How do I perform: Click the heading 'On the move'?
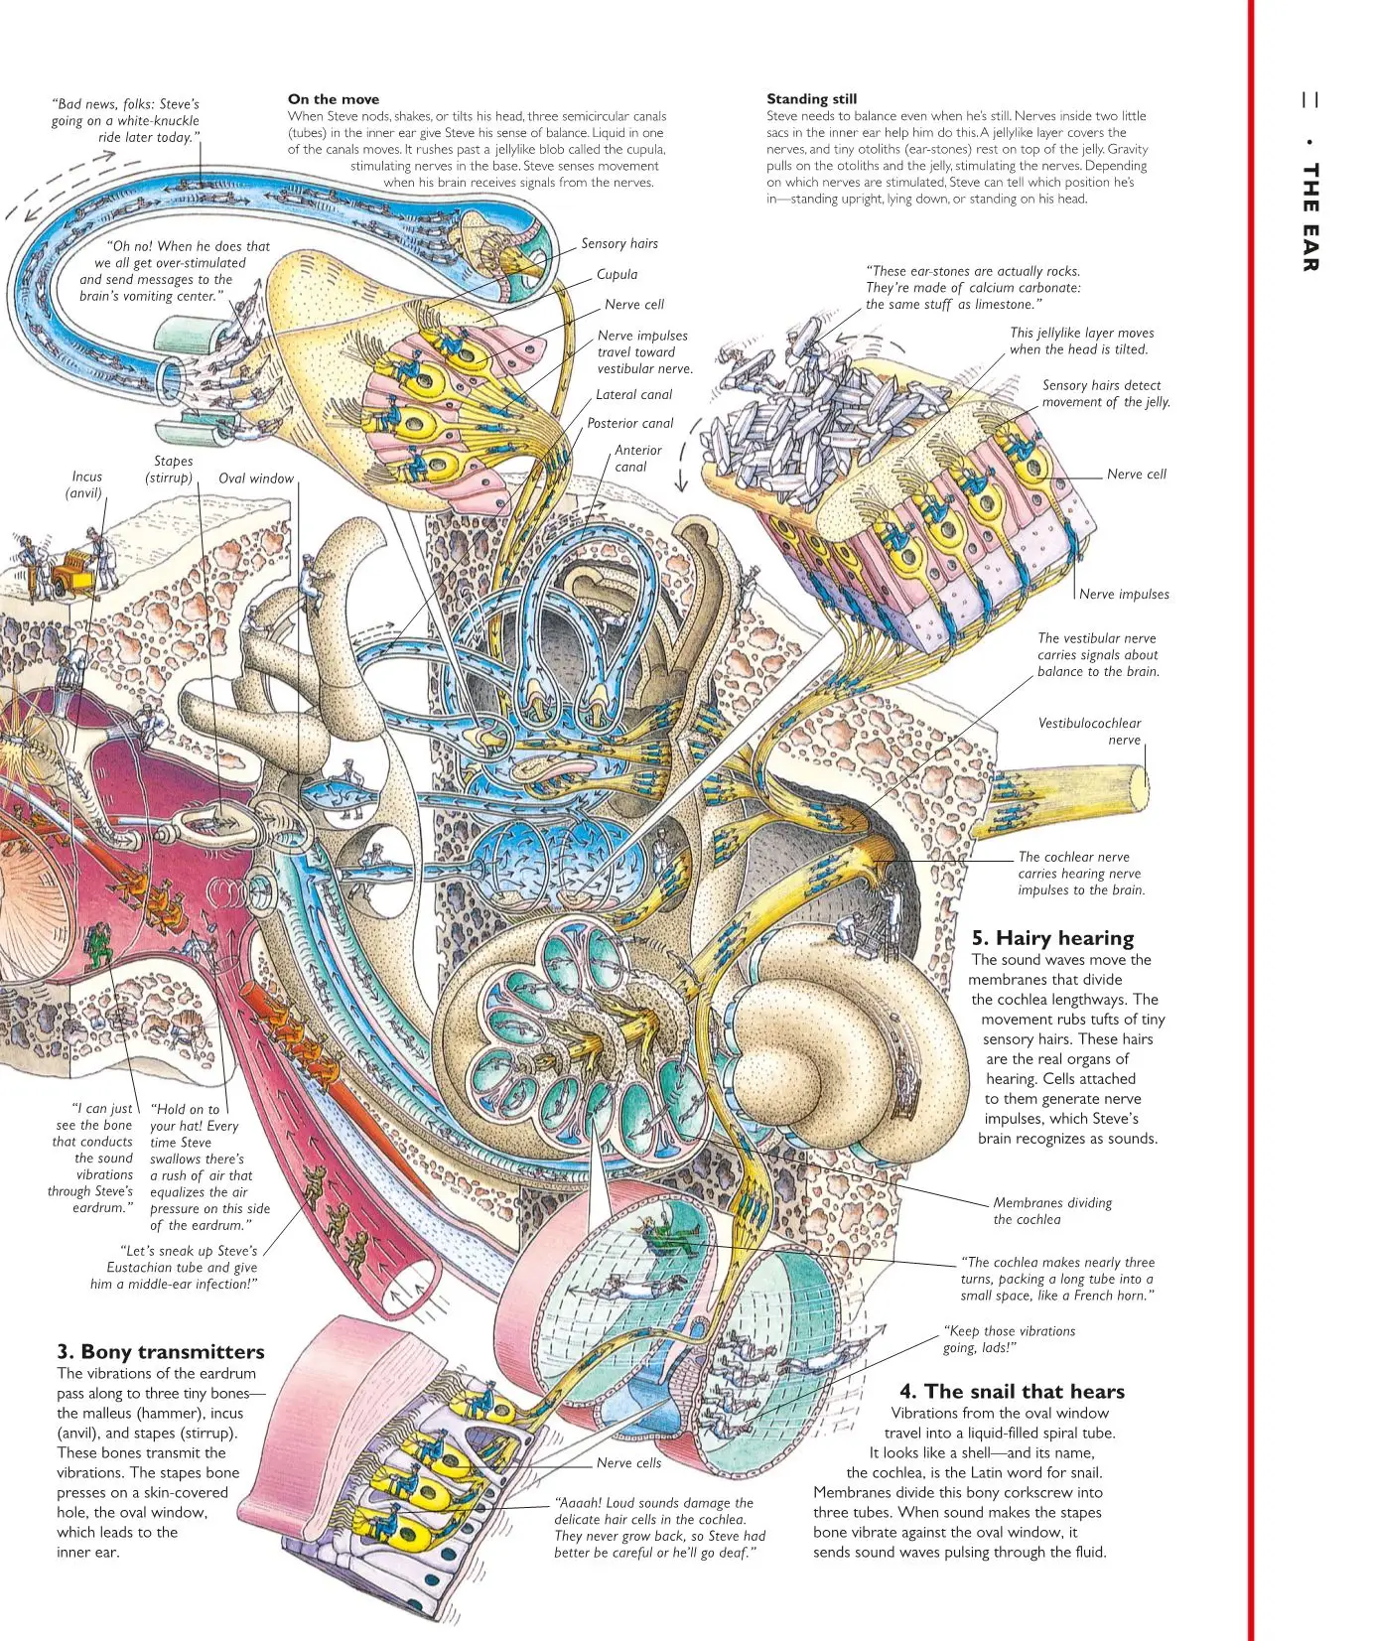pos(333,99)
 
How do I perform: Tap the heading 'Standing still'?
pos(811,99)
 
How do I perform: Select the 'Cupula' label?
pos(617,275)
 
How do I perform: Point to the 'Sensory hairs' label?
pos(618,244)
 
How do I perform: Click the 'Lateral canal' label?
pos(633,395)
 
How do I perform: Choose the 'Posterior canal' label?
pos(629,424)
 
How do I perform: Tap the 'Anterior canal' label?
pos(636,459)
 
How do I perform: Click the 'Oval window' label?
pos(256,479)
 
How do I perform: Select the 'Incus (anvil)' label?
pos(85,484)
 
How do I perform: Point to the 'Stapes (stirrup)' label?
pos(171,470)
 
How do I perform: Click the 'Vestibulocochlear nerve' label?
pos(1089,732)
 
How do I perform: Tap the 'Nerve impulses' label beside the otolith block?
pos(1124,595)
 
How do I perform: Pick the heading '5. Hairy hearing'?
pos(1052,938)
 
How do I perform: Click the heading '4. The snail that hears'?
pos(1012,1392)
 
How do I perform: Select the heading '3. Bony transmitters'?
pos(160,1352)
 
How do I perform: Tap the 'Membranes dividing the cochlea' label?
pos(1051,1211)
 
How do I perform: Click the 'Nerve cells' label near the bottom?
pos(628,1463)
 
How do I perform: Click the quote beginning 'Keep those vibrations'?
pos(1008,1339)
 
